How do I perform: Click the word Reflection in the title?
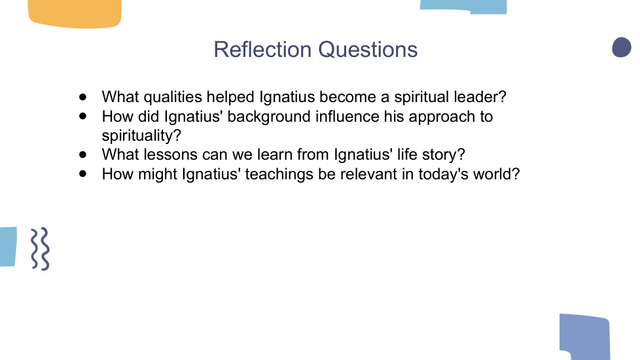(262, 49)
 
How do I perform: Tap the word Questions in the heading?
(368, 50)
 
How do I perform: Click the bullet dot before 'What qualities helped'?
(83, 97)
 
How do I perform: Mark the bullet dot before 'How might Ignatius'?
(83, 174)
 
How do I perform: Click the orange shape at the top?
(75, 14)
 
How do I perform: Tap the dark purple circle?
(622, 47)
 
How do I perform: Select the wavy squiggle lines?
(41, 249)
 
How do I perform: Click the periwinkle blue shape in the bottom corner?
(585, 336)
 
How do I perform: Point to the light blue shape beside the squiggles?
(8, 247)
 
